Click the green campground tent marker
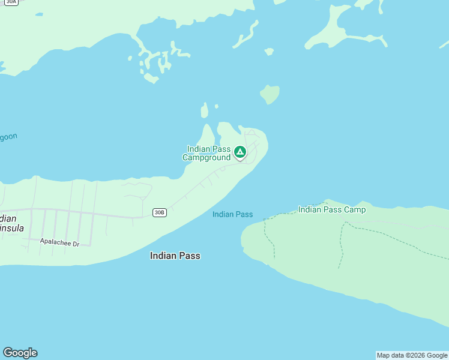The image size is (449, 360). [240, 152]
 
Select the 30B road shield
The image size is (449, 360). [159, 212]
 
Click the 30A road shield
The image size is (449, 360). [11, 2]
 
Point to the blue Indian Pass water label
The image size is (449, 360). [232, 214]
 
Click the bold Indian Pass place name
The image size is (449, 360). [175, 256]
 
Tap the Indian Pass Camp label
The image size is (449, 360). [331, 209]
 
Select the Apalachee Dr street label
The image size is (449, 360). [59, 242]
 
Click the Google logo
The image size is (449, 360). [20, 353]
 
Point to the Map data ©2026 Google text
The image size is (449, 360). [412, 355]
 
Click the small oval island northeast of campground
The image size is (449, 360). [270, 94]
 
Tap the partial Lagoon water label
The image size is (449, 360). [8, 137]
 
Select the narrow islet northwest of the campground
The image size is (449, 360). [205, 110]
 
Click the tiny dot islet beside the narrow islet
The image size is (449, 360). [216, 107]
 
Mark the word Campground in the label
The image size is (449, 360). [206, 157]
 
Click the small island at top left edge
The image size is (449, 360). [38, 14]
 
